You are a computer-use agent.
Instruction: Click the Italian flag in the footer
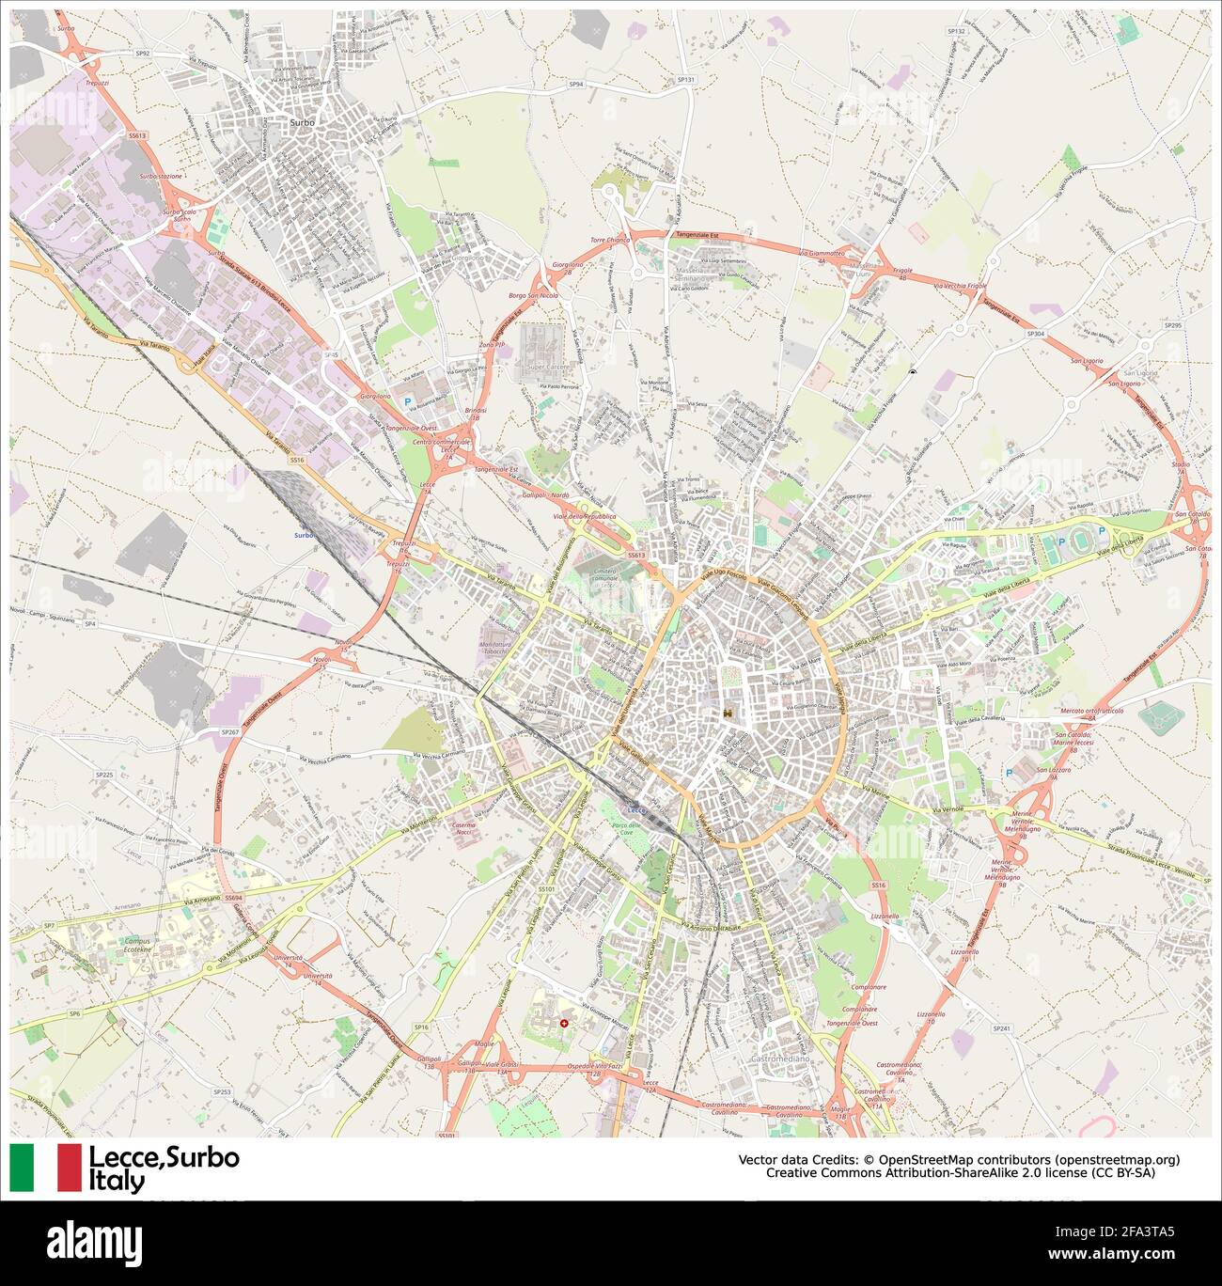(46, 1168)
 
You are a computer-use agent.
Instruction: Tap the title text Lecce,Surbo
(164, 1158)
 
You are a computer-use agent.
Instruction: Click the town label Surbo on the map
(303, 122)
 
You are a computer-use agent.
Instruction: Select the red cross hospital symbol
(564, 1022)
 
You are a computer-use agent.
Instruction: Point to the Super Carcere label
(548, 366)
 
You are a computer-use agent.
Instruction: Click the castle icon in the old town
(728, 715)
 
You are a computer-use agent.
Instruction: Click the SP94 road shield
(576, 84)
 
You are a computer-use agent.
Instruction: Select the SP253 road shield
(222, 1091)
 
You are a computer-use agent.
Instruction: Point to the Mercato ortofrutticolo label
(1091, 711)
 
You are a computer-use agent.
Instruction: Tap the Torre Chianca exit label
(610, 241)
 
